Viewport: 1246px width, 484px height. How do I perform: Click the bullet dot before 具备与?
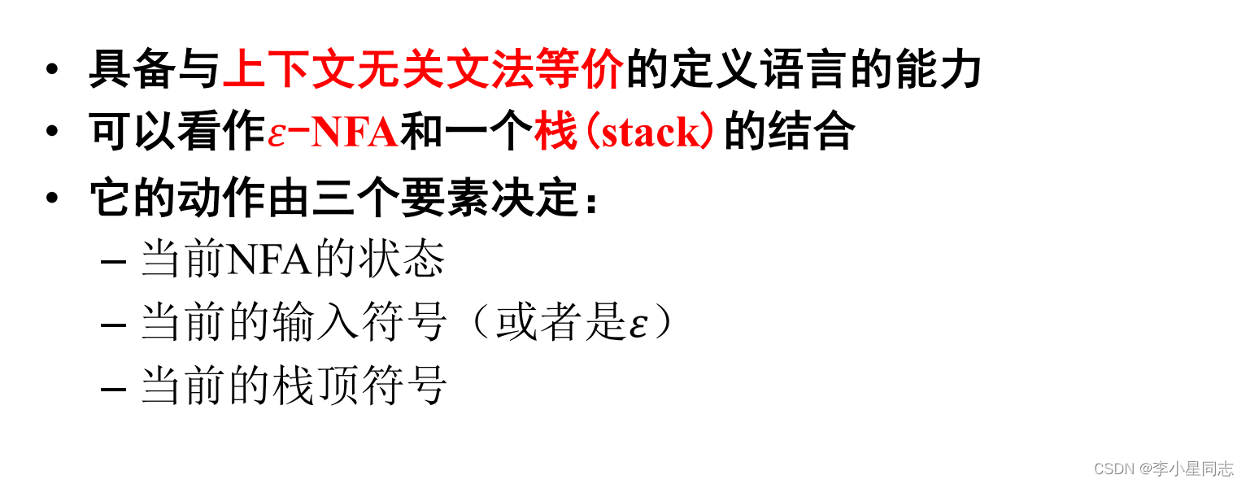pyautogui.click(x=52, y=68)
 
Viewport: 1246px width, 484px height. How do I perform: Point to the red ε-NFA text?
pyautogui.click(x=333, y=133)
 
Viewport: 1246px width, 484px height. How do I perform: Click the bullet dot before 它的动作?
pyautogui.click(x=52, y=195)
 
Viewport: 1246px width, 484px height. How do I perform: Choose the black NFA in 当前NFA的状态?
pyautogui.click(x=268, y=261)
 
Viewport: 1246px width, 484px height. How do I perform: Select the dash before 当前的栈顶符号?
pyautogui.click(x=113, y=387)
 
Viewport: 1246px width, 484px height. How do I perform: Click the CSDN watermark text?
pyautogui.click(x=1113, y=469)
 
